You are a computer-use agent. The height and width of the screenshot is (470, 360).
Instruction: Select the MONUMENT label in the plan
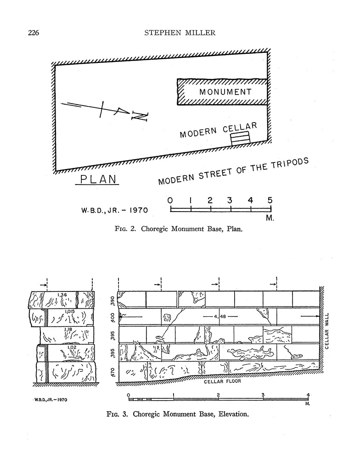click(x=225, y=92)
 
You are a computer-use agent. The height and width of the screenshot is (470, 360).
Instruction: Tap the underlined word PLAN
click(x=97, y=179)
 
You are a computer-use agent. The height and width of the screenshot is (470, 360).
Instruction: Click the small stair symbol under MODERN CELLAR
click(x=240, y=138)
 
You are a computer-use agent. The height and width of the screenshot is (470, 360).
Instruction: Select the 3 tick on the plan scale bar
click(x=230, y=201)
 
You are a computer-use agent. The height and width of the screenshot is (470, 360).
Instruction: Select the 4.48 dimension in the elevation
click(x=219, y=316)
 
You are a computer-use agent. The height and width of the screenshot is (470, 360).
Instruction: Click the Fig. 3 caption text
click(x=178, y=414)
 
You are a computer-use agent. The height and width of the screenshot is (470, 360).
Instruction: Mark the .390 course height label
click(x=112, y=301)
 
